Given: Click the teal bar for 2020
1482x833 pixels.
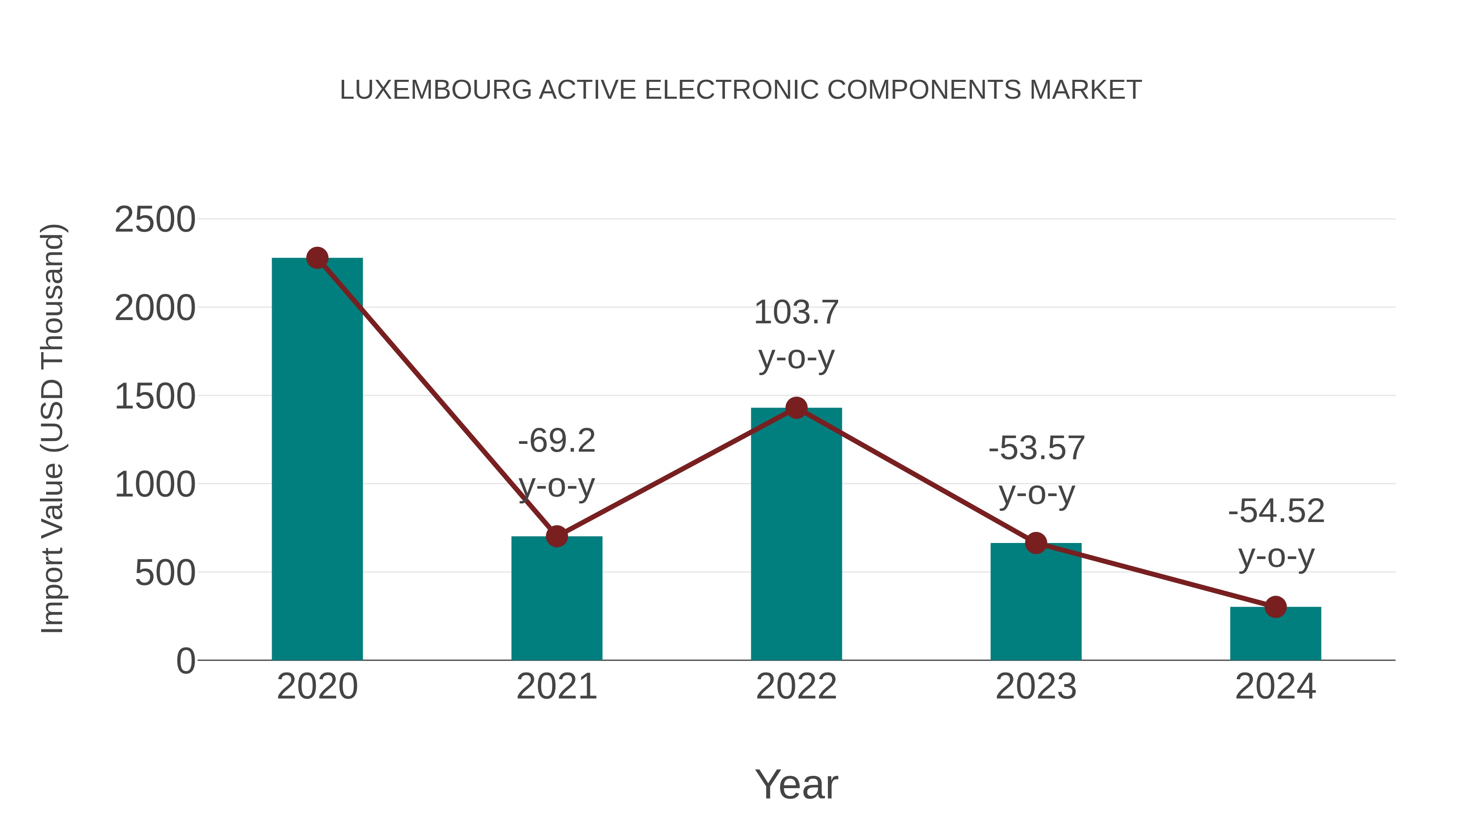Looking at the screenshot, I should point(317,460).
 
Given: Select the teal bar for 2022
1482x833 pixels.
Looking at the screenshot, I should point(796,535).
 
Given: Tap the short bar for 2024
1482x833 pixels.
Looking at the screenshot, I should point(1275,634).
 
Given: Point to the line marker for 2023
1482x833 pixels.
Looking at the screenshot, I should point(1036,543).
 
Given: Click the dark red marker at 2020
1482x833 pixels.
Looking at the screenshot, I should point(317,258).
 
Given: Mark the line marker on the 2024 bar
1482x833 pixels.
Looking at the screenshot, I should point(1275,606).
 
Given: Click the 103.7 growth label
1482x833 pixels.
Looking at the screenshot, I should point(796,313).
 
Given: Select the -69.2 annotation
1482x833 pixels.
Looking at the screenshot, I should point(556,441).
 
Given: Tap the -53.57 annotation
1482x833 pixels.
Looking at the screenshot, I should point(1036,448).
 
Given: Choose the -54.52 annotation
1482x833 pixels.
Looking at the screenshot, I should point(1275,511).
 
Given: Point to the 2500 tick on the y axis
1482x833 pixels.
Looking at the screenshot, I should point(155,220).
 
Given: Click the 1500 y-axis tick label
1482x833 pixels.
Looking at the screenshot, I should point(155,397).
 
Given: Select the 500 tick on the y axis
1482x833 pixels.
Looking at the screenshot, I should point(165,573).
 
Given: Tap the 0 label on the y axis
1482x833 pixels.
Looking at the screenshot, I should point(185,661).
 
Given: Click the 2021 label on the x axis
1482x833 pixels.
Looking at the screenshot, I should point(556,687).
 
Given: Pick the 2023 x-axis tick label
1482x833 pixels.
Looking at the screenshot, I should point(1036,687).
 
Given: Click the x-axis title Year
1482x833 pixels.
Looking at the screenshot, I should point(796,784).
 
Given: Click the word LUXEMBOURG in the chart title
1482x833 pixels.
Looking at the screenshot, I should point(436,90).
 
